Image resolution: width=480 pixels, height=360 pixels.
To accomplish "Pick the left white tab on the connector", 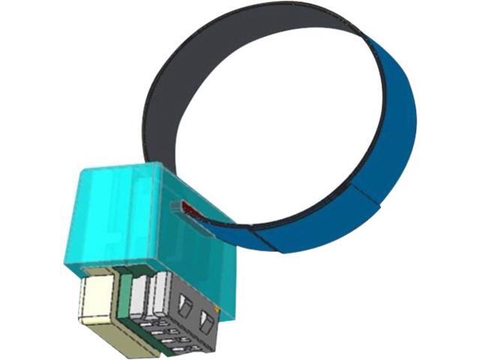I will pos(138,296).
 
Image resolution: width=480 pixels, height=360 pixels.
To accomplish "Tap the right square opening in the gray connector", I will pos(205,322).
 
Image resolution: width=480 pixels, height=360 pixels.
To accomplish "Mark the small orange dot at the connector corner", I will pos(217,307).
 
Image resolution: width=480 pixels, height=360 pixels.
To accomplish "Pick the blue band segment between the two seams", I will pos(315,225).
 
